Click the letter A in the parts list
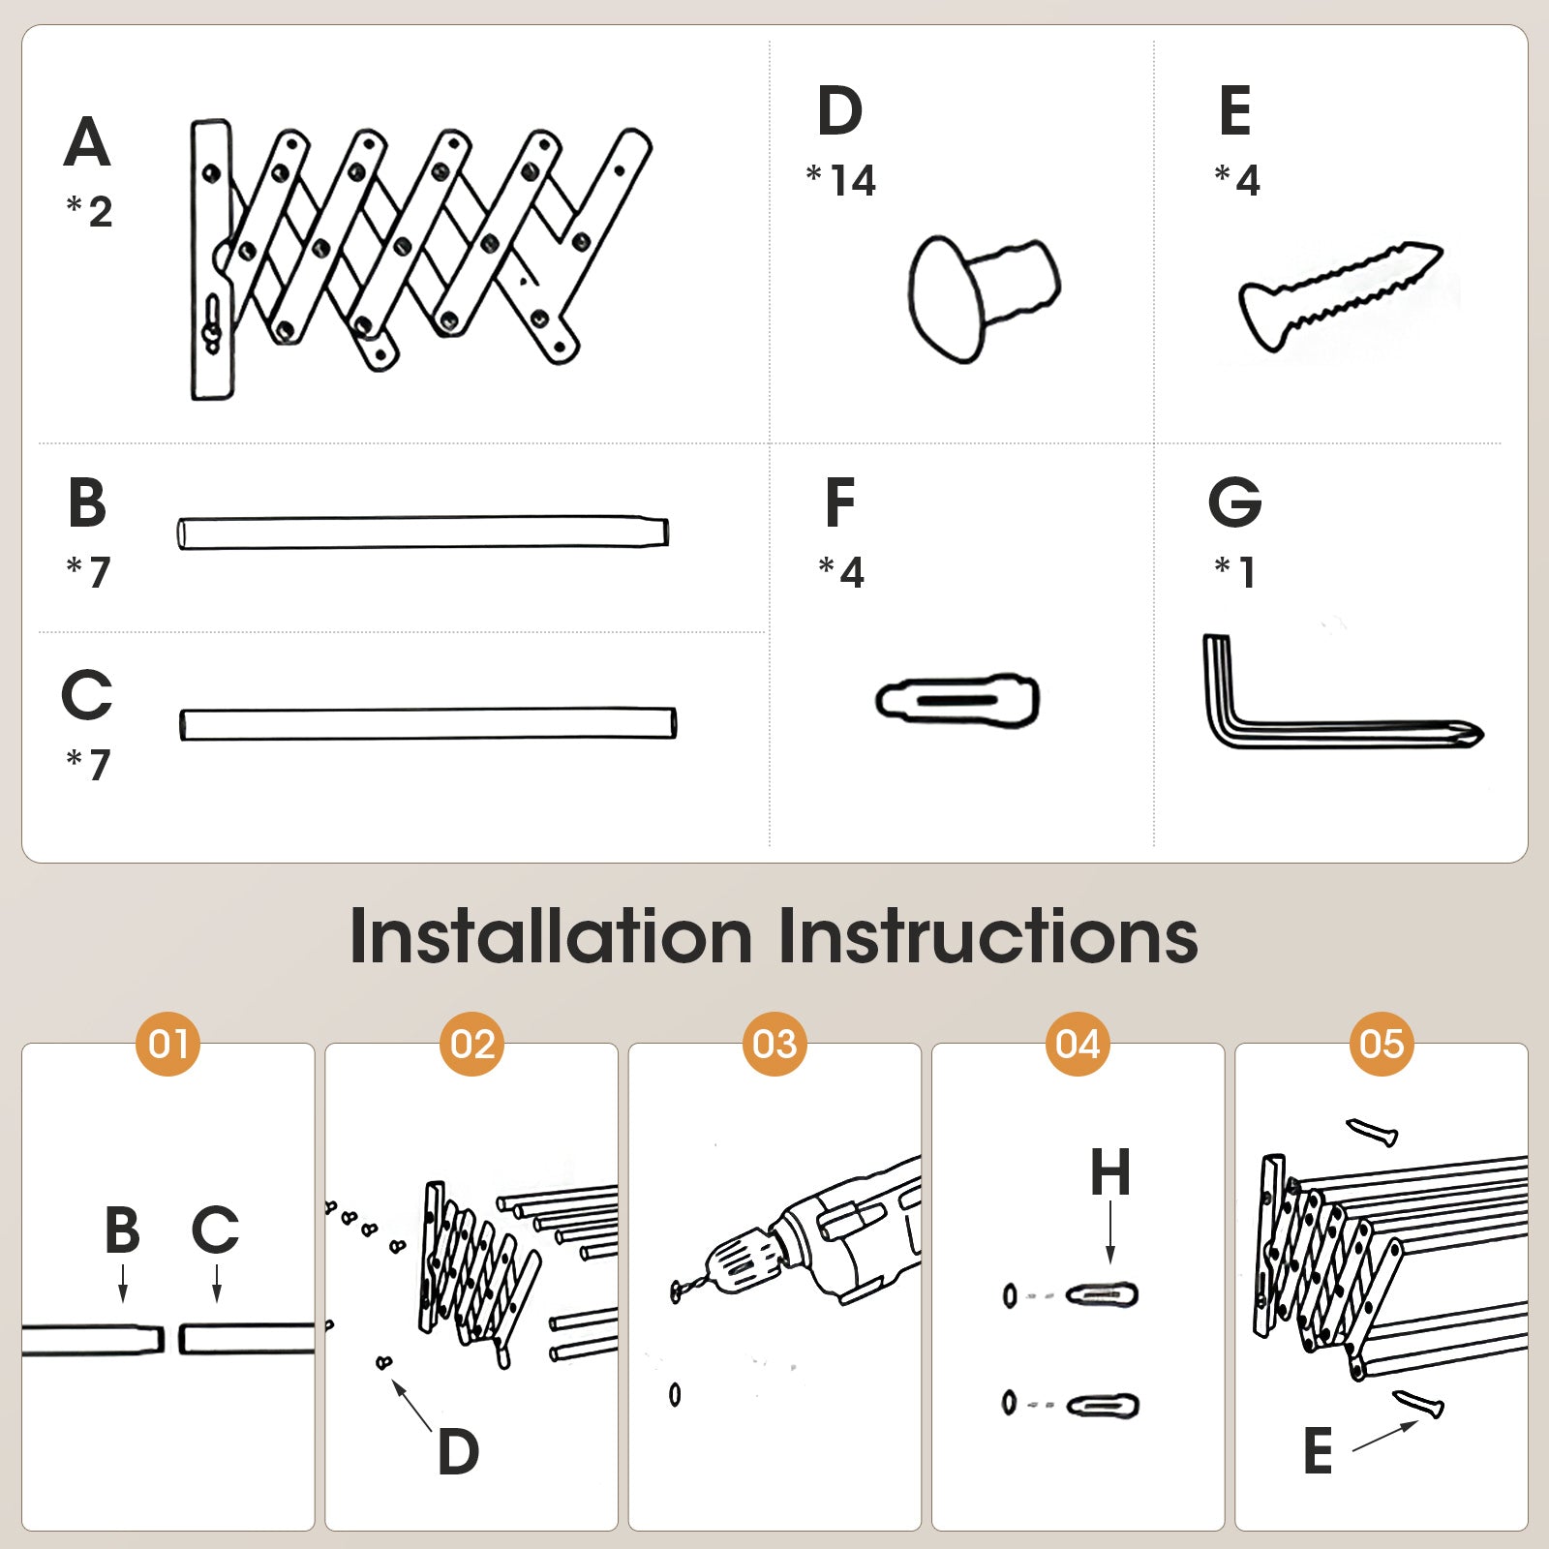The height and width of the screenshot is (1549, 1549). [x=87, y=142]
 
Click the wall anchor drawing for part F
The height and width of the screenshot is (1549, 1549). [x=957, y=700]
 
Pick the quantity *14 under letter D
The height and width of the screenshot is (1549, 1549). [x=840, y=180]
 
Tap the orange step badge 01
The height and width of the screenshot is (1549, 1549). [x=168, y=1044]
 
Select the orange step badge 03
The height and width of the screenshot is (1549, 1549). [x=774, y=1044]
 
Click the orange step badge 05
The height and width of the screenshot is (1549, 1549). [x=1382, y=1044]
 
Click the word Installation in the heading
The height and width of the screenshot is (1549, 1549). [x=551, y=936]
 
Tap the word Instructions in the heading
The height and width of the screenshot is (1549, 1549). [x=988, y=936]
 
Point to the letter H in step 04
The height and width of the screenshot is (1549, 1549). [x=1110, y=1172]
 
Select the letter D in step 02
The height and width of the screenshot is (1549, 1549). [x=458, y=1451]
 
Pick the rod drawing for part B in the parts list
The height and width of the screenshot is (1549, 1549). [x=423, y=532]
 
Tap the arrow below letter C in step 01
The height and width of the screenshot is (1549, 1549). [x=217, y=1283]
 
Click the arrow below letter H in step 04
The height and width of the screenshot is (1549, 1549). [x=1110, y=1231]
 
